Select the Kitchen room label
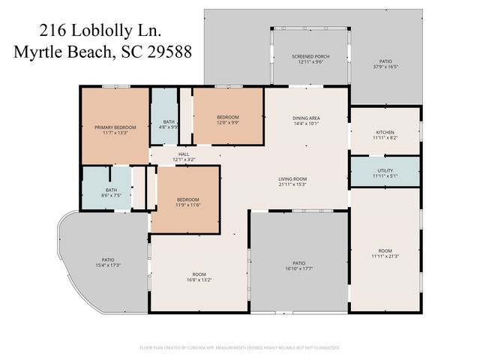(385, 133)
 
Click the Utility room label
(385, 170)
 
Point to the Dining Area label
(306, 118)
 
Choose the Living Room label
(292, 178)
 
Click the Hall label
(184, 154)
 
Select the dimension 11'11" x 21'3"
(385, 256)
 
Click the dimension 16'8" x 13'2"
(199, 280)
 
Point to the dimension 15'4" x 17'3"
(108, 265)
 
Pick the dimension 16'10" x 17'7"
(298, 268)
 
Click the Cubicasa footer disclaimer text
(240, 347)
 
